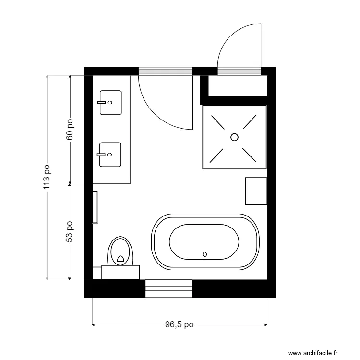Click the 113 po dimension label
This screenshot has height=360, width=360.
(47, 178)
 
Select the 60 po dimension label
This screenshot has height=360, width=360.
(70, 130)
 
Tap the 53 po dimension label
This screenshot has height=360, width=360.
(70, 231)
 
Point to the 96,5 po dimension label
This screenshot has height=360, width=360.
(179, 325)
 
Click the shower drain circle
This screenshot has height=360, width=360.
(234, 137)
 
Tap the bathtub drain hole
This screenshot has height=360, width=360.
(205, 254)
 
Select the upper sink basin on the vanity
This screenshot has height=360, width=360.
(111, 103)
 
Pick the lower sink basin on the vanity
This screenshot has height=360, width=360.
(111, 155)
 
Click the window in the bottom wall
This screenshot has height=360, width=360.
(168, 288)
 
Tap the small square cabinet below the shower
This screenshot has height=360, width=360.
(256, 191)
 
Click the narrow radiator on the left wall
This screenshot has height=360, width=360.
(95, 207)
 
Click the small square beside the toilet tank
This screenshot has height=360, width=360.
(97, 273)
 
